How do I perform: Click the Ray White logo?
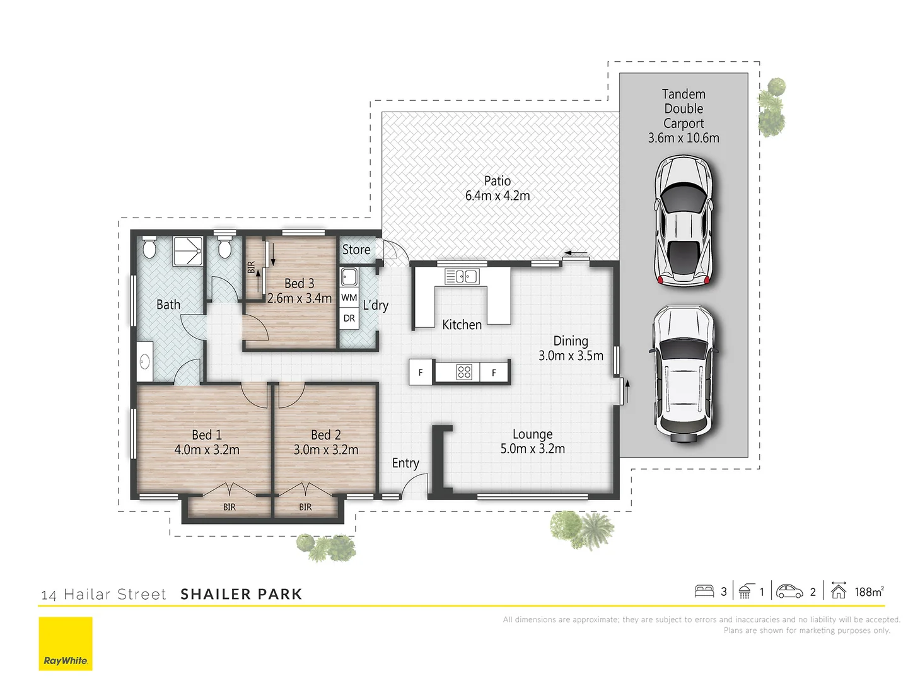coord(66,643)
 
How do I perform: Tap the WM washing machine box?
coord(349,298)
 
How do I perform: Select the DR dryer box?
coord(349,318)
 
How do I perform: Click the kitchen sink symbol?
coord(462,276)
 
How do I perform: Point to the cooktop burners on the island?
coord(464,372)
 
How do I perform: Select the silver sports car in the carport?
coord(684,221)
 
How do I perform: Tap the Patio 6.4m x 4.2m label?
coord(498,189)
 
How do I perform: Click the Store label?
coord(356,250)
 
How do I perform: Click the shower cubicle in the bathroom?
coord(188,252)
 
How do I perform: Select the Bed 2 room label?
coord(326,442)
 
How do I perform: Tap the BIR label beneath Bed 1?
coord(230,507)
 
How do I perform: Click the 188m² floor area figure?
coord(869,591)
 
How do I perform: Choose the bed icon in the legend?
coord(704,591)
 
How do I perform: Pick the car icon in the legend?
coord(789,591)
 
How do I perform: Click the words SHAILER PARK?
coord(242,594)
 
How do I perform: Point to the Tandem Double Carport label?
coord(684,116)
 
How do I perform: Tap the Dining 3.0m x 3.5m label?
coord(571,348)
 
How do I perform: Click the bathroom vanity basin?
coord(144,362)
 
